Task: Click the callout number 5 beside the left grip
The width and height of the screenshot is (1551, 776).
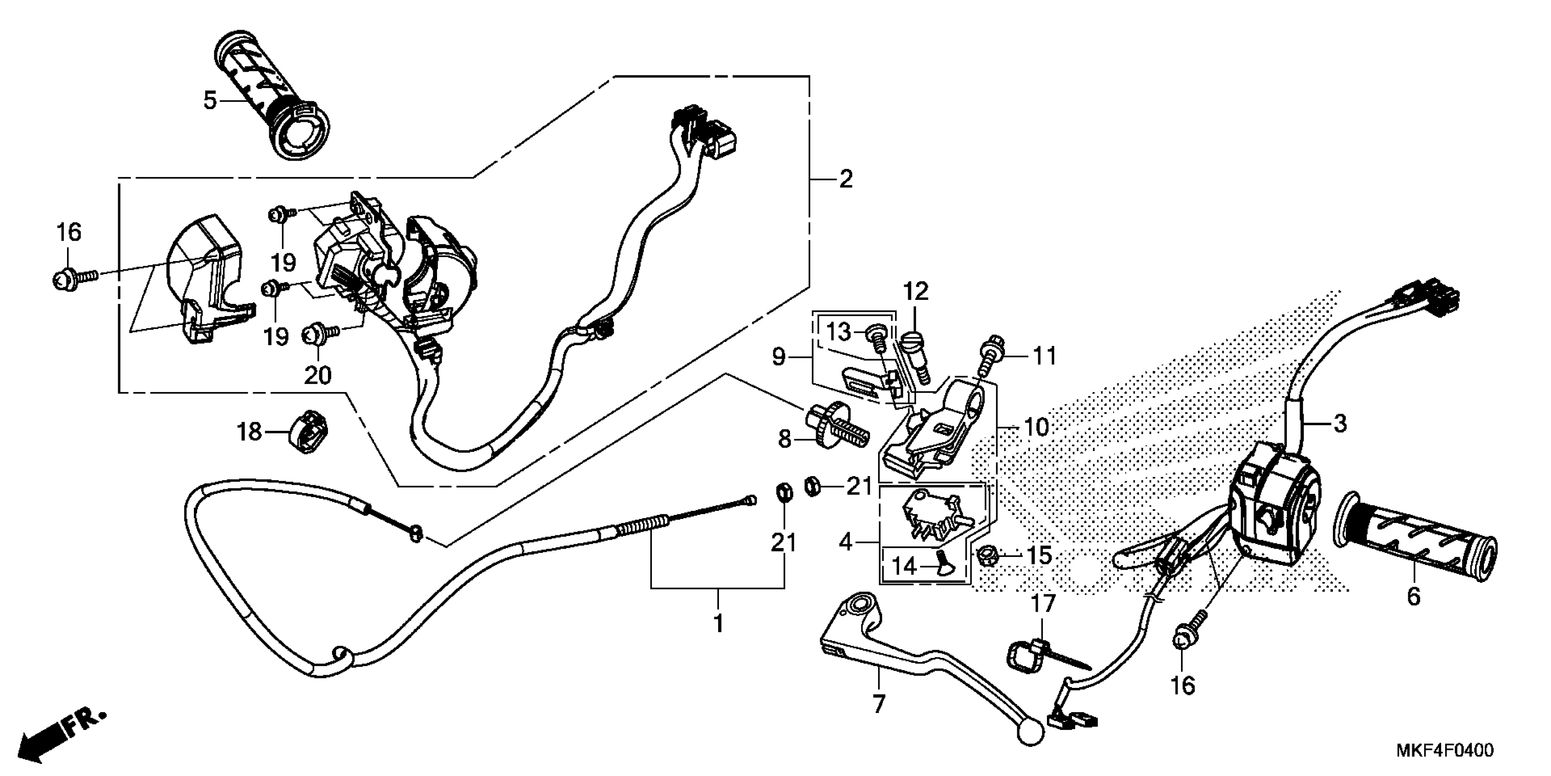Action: tap(209, 100)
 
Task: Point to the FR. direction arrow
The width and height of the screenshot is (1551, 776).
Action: tap(60, 734)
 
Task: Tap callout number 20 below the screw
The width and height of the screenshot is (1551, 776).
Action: tap(318, 375)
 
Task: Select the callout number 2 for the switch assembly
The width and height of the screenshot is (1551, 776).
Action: tap(846, 179)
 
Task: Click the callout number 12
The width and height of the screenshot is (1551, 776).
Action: tap(916, 292)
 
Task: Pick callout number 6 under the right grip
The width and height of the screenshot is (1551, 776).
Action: tap(1413, 597)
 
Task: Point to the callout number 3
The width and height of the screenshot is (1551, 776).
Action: tap(1340, 424)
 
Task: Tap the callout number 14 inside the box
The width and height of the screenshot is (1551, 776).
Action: tap(904, 566)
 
